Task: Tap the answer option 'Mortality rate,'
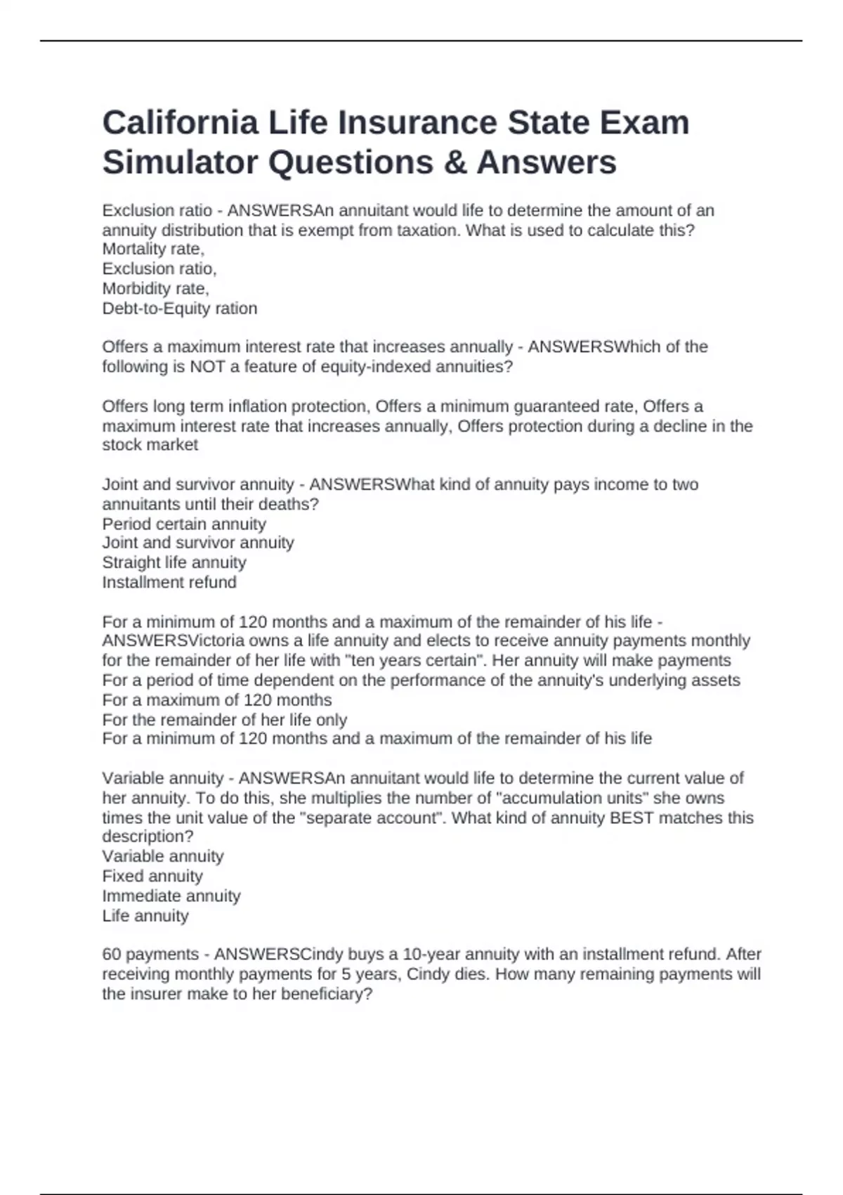[x=153, y=249]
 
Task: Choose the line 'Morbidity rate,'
[x=155, y=288]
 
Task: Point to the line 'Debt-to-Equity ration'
[x=179, y=308]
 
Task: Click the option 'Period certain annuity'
[x=183, y=524]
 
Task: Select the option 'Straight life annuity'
[x=174, y=562]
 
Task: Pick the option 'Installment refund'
[x=169, y=582]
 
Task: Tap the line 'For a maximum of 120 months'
[x=216, y=700]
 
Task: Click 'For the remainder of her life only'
[x=224, y=720]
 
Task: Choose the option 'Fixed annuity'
[x=152, y=876]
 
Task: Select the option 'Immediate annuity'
[x=171, y=896]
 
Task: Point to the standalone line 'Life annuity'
[x=145, y=915]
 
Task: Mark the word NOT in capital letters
[x=207, y=366]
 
